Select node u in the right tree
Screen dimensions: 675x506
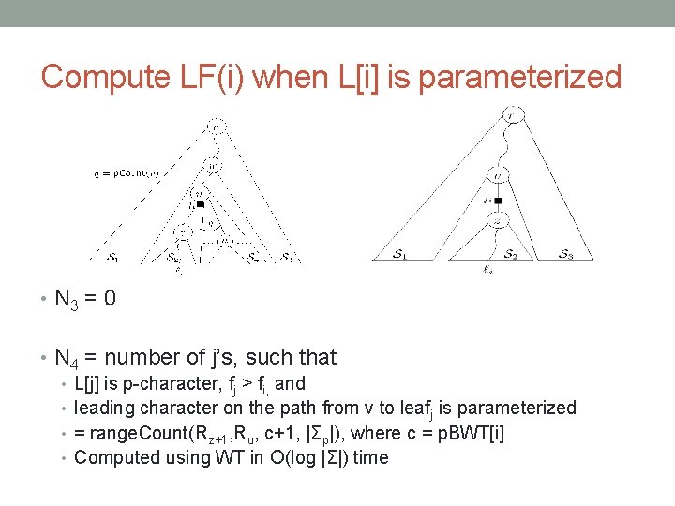point(498,175)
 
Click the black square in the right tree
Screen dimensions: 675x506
point(499,201)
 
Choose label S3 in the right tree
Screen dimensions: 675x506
point(566,254)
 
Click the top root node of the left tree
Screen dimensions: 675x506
point(216,126)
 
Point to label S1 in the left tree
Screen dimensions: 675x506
point(112,258)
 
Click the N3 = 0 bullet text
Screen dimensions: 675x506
point(85,300)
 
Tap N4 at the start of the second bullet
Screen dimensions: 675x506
point(67,358)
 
